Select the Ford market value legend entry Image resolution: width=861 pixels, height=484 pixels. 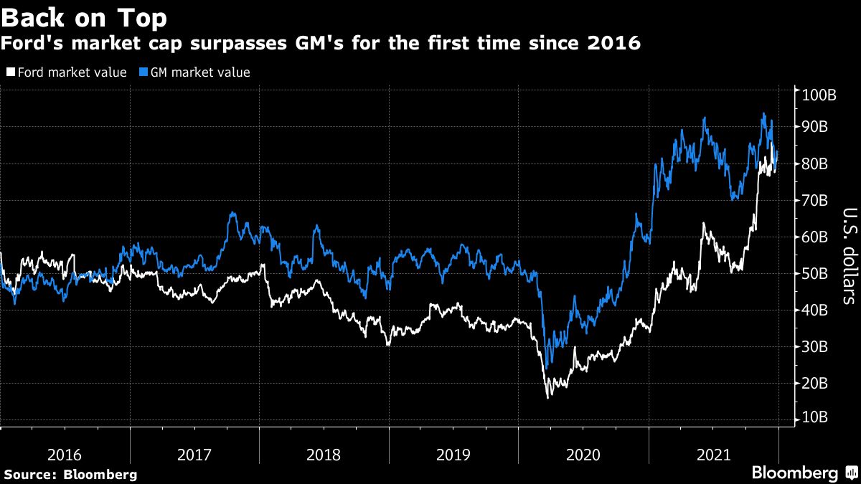click(67, 72)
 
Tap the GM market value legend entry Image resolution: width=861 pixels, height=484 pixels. click(194, 72)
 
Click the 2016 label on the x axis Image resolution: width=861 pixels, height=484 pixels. click(65, 455)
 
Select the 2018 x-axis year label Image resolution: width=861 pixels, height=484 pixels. click(324, 455)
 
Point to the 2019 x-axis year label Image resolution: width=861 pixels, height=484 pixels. click(453, 455)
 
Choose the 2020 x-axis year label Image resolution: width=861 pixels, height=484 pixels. click(583, 455)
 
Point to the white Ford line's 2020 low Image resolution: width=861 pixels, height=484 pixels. click(549, 397)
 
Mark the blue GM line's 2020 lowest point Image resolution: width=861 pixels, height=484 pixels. click(547, 368)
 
